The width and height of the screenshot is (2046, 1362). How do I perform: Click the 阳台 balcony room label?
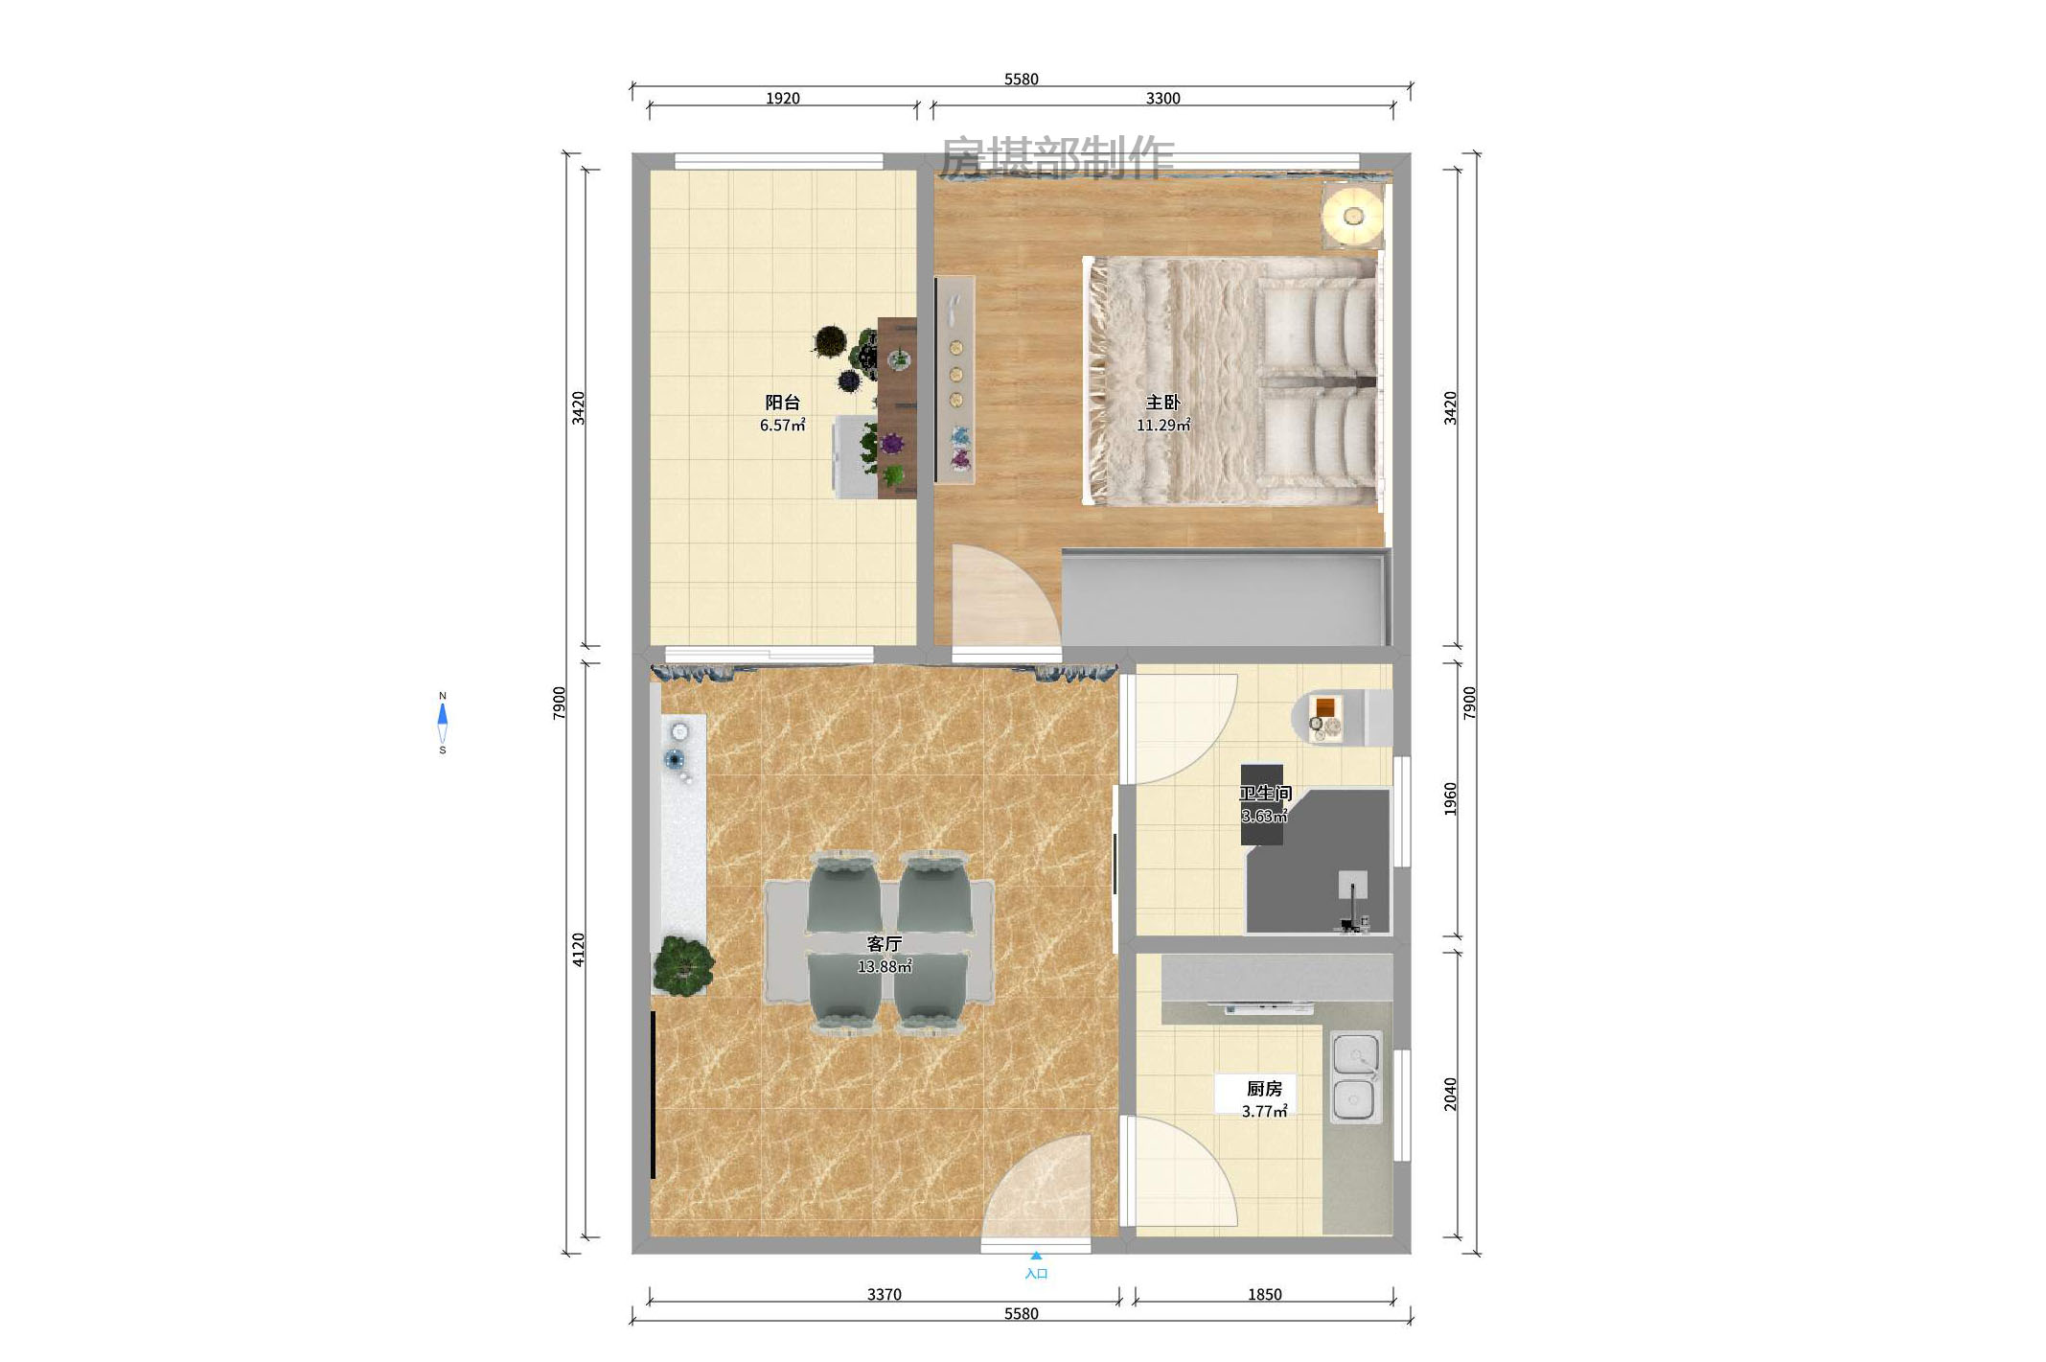tap(782, 403)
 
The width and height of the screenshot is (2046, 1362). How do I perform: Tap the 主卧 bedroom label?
tap(1162, 403)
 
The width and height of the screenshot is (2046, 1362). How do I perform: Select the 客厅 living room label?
tap(884, 944)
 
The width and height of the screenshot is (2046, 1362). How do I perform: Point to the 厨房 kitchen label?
tap(1263, 1089)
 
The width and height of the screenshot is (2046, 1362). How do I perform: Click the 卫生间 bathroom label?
tap(1265, 794)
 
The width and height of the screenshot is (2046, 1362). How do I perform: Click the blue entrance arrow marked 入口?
tap(1036, 1256)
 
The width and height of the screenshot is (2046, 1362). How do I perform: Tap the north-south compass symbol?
tap(442, 723)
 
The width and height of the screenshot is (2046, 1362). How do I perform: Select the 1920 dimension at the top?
tap(782, 99)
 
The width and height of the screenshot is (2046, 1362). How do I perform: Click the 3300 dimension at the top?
tap(1162, 99)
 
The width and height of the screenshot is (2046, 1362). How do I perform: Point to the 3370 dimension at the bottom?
tap(884, 1295)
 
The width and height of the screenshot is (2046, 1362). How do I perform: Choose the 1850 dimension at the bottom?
tap(1264, 1295)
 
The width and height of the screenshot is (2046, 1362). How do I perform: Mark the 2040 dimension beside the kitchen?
tap(1450, 1094)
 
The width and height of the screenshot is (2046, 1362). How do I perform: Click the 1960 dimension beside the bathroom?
tap(1450, 799)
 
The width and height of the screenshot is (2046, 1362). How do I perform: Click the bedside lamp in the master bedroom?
tap(1353, 217)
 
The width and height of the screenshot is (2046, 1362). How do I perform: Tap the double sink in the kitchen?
tap(1356, 1077)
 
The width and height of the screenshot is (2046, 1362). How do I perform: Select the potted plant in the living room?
tap(683, 965)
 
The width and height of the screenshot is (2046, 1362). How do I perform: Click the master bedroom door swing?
tap(1001, 599)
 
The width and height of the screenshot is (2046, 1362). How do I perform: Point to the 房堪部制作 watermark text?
tap(1056, 156)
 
